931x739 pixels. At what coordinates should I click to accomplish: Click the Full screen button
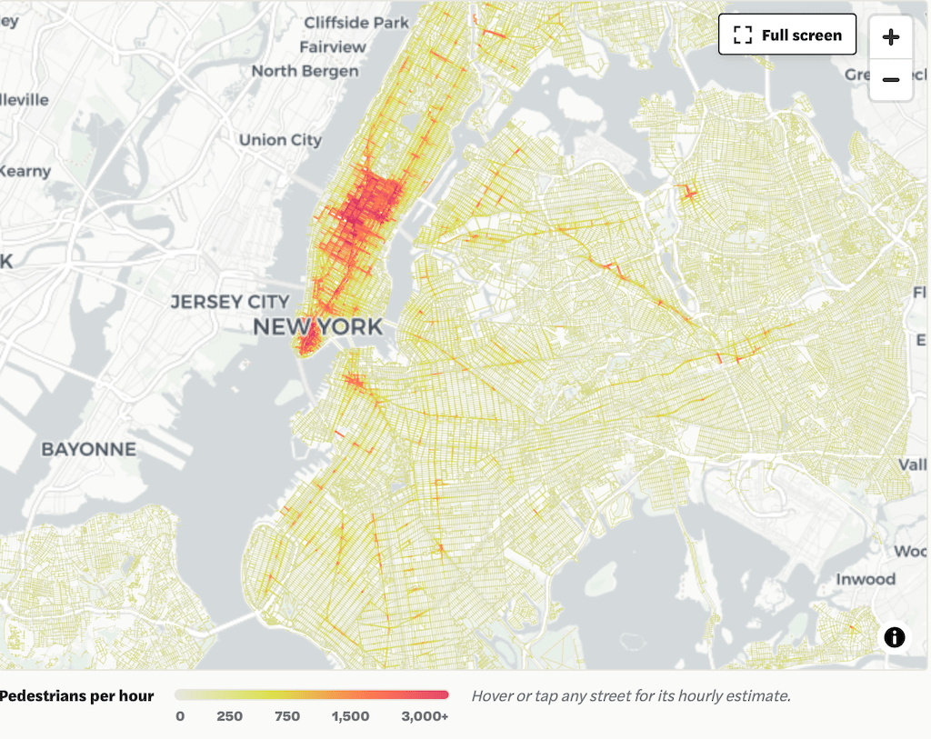[x=787, y=35]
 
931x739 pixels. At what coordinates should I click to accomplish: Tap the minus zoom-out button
[x=891, y=80]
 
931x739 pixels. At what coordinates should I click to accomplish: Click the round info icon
[x=895, y=637]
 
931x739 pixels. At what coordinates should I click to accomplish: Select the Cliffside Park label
[x=355, y=22]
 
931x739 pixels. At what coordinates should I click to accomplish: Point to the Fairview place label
[x=333, y=46]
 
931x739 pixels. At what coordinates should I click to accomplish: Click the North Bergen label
[x=305, y=71]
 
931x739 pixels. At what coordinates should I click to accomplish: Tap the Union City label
[x=280, y=140]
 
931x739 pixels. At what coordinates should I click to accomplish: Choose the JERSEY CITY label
[x=230, y=302]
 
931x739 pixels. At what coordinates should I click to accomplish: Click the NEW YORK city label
[x=317, y=327]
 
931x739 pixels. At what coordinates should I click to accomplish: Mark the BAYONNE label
[x=88, y=449]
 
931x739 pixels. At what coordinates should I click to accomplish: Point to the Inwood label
[x=866, y=579]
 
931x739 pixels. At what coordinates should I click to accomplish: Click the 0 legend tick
[x=180, y=716]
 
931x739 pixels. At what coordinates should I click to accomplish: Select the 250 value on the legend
[x=229, y=716]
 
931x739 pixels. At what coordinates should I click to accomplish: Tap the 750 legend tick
[x=287, y=716]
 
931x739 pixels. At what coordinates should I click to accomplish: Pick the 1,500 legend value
[x=350, y=716]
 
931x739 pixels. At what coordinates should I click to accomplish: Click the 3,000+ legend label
[x=424, y=716]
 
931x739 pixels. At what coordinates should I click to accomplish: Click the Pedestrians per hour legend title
[x=76, y=696]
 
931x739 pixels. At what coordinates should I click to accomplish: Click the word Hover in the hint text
[x=493, y=696]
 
